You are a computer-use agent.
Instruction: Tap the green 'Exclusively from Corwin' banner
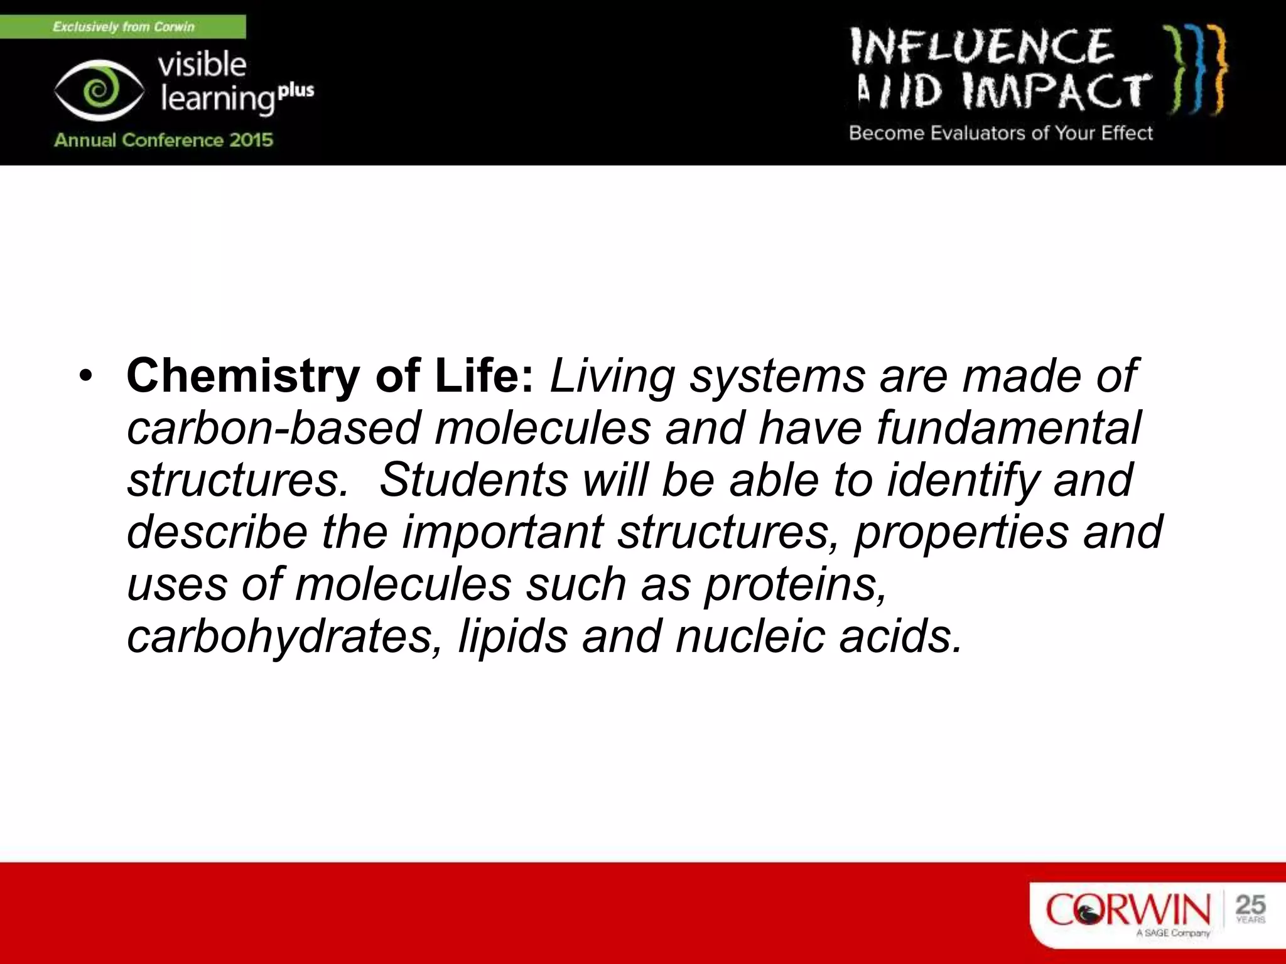point(123,27)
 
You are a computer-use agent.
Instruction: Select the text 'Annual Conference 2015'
point(163,139)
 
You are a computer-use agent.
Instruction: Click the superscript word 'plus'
point(296,91)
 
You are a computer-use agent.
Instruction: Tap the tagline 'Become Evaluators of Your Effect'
point(1001,133)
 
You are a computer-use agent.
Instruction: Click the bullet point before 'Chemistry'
point(86,377)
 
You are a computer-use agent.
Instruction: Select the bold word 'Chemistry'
point(243,377)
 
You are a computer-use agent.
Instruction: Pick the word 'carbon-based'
point(273,429)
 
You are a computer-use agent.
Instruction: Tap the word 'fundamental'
point(1008,429)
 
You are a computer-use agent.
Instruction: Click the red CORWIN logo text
point(1127,910)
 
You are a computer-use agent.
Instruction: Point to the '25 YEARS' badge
point(1250,909)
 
